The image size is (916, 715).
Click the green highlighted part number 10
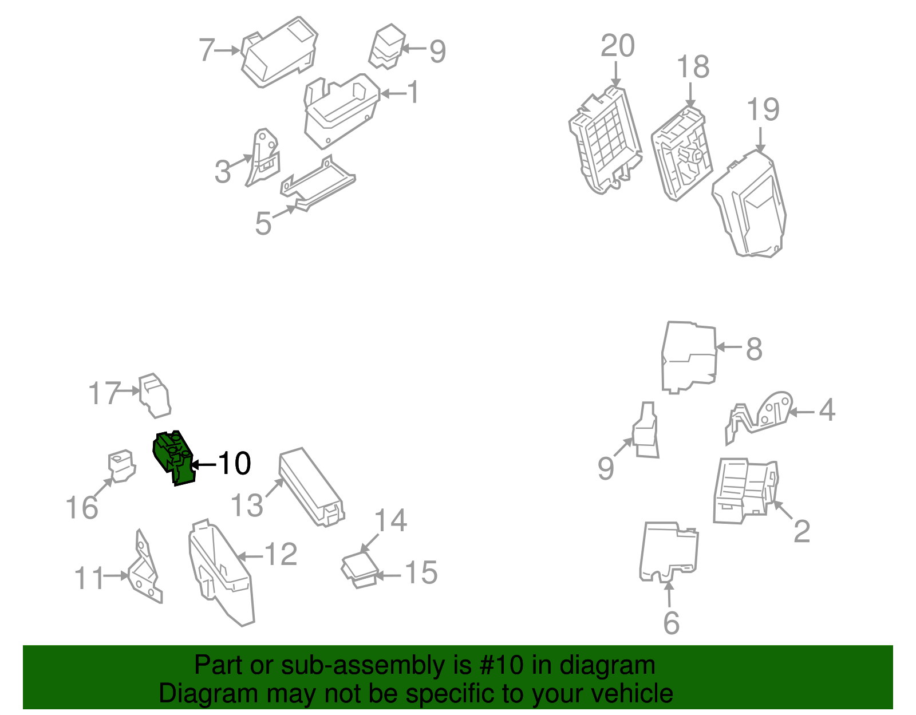(x=173, y=458)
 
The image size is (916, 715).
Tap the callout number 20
(x=618, y=45)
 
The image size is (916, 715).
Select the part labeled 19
(x=749, y=204)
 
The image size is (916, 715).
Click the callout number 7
(x=207, y=50)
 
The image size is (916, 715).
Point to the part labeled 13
(x=311, y=487)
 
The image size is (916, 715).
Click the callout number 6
(x=671, y=623)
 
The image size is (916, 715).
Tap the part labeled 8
(x=689, y=358)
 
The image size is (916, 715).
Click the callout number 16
(x=82, y=507)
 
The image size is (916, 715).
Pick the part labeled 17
(x=155, y=396)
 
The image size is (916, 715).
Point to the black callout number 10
(x=235, y=463)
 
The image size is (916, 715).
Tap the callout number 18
(x=693, y=66)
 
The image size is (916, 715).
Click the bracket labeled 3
(x=262, y=157)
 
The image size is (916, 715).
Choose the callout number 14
(x=390, y=520)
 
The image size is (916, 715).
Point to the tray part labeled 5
(x=318, y=183)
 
